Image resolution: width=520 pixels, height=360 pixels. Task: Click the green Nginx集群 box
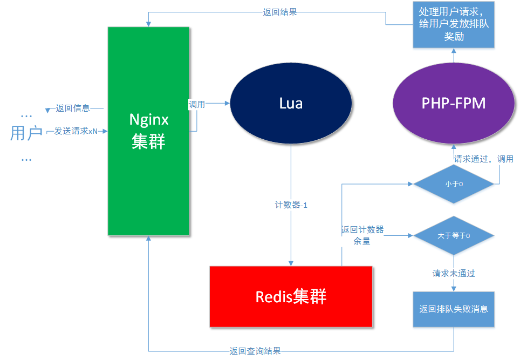(x=148, y=131)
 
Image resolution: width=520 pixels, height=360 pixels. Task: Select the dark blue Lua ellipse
(x=291, y=104)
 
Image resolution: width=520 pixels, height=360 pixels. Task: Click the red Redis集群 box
(x=291, y=296)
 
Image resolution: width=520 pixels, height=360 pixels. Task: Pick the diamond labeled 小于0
(x=454, y=184)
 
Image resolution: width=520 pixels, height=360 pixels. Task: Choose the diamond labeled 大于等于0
(x=454, y=236)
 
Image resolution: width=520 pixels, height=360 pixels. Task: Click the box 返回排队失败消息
(x=454, y=309)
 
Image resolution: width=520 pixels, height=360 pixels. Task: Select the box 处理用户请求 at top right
(x=454, y=25)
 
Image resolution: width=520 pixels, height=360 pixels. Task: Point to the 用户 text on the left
(x=26, y=133)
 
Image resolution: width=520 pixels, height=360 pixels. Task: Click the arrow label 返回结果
(x=279, y=11)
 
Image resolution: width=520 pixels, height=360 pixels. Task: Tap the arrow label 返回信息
(x=73, y=108)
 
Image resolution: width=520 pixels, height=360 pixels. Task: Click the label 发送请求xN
(x=76, y=131)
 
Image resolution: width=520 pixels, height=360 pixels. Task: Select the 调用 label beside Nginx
(x=197, y=104)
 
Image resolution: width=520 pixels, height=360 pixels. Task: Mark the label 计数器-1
(x=291, y=205)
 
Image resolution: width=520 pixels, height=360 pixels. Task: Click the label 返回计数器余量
(x=362, y=235)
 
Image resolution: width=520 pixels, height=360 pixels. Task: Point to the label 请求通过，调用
(x=483, y=159)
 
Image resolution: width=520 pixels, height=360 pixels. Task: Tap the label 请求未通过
(x=453, y=273)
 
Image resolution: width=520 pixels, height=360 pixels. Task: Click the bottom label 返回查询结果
(x=255, y=351)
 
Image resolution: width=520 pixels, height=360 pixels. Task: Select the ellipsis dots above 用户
(x=26, y=115)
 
